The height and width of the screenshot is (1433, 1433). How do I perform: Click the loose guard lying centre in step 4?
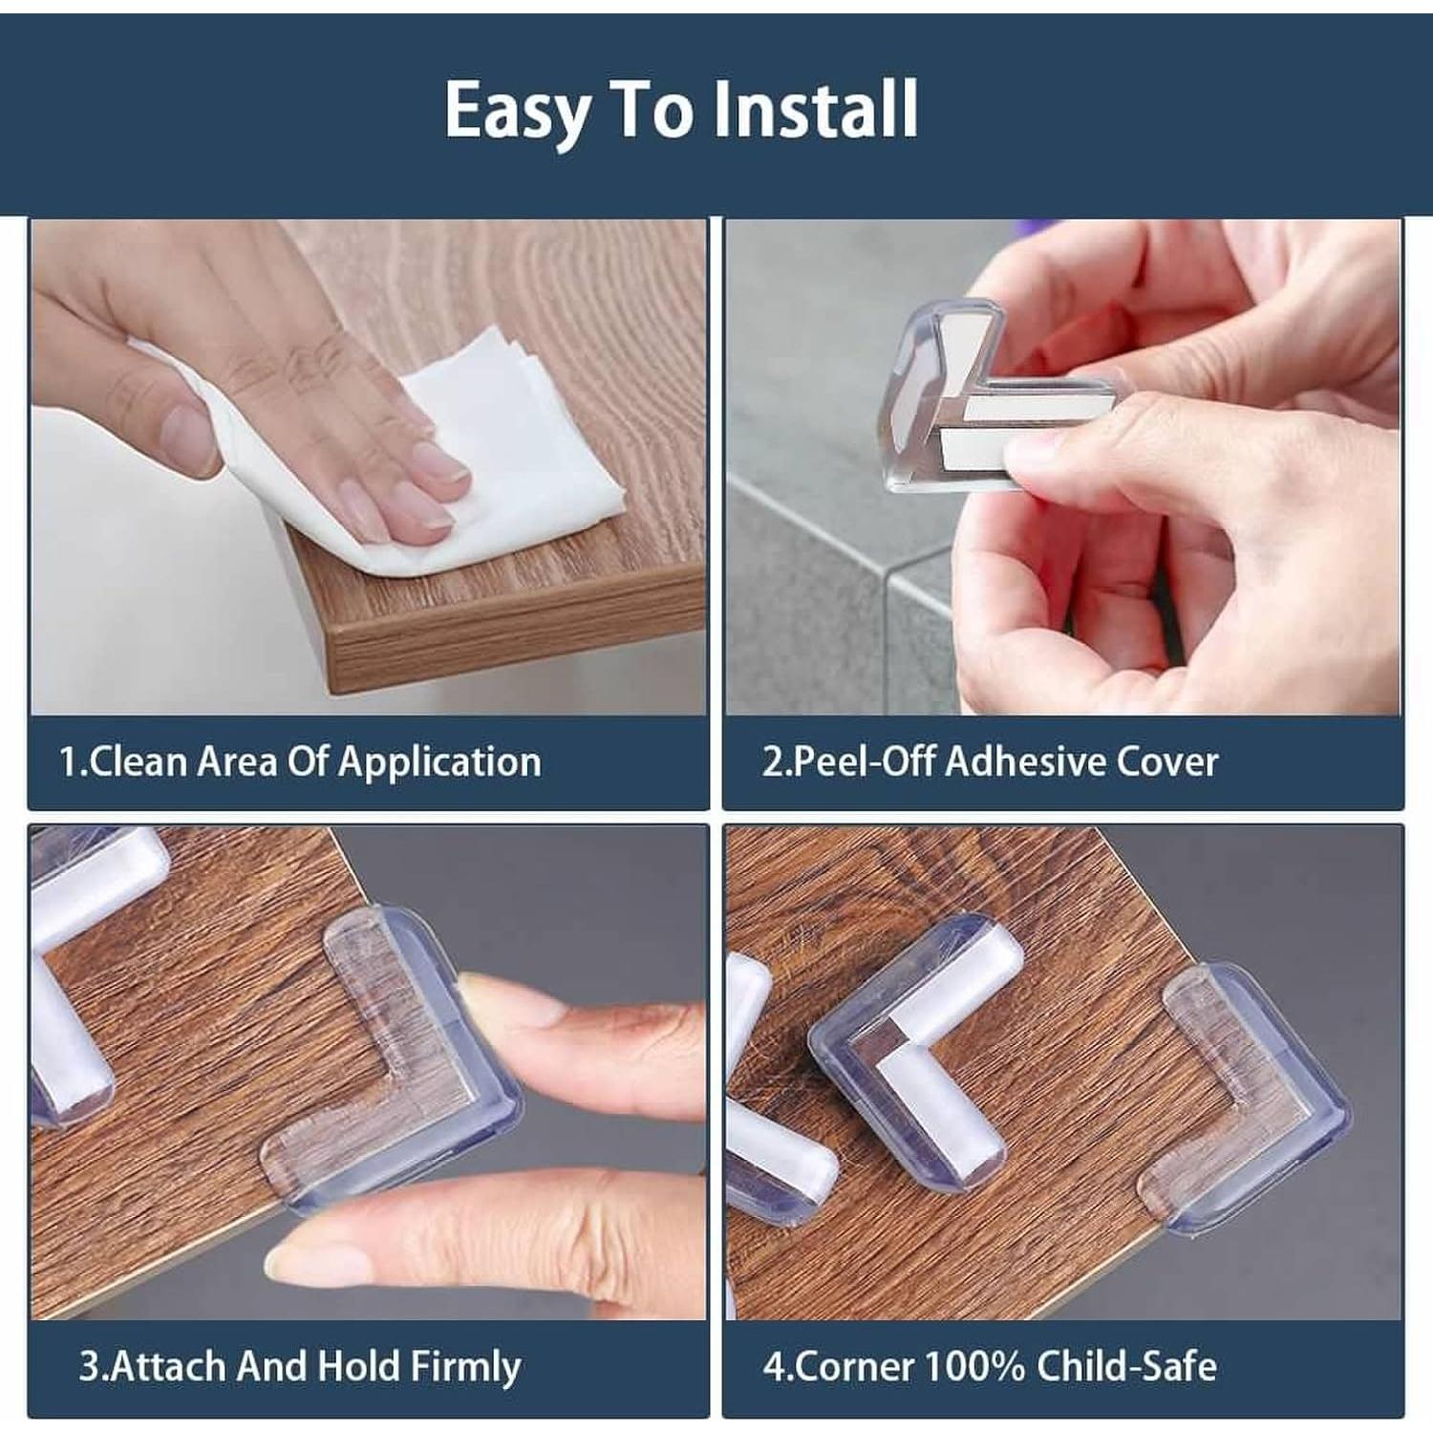point(917,1060)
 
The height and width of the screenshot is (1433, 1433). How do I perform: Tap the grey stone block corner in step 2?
point(888,583)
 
